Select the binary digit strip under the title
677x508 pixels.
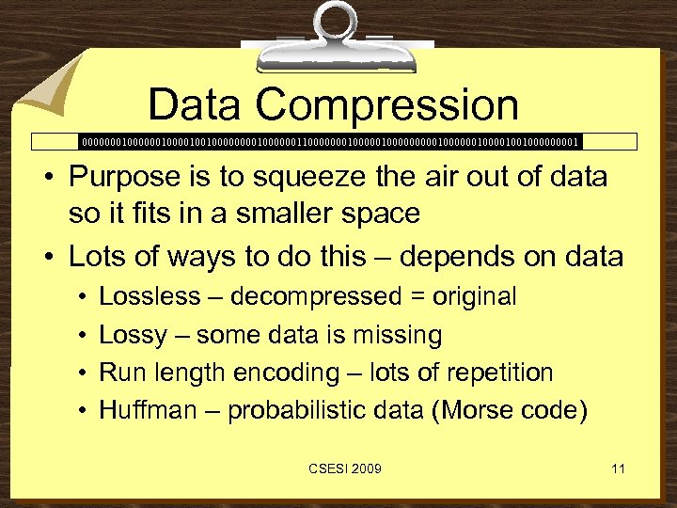pyautogui.click(x=331, y=142)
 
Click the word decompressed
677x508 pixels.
pyautogui.click(x=316, y=297)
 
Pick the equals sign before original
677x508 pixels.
pyautogui.click(x=416, y=298)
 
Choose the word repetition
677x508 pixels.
pyautogui.click(x=495, y=373)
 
